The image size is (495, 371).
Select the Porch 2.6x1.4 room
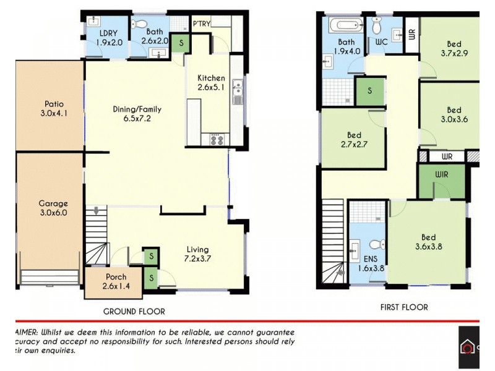point(116,281)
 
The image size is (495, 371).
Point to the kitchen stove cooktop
point(217,139)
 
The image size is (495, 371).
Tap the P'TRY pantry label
point(202,24)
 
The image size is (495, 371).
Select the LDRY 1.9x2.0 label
point(110,38)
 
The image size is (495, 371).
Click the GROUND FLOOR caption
point(134,311)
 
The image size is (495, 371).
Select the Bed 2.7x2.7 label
point(354,140)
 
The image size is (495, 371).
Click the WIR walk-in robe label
point(441,174)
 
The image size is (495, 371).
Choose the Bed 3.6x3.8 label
point(428,242)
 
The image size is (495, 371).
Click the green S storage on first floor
point(369,91)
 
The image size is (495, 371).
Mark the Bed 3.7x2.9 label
point(454,49)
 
